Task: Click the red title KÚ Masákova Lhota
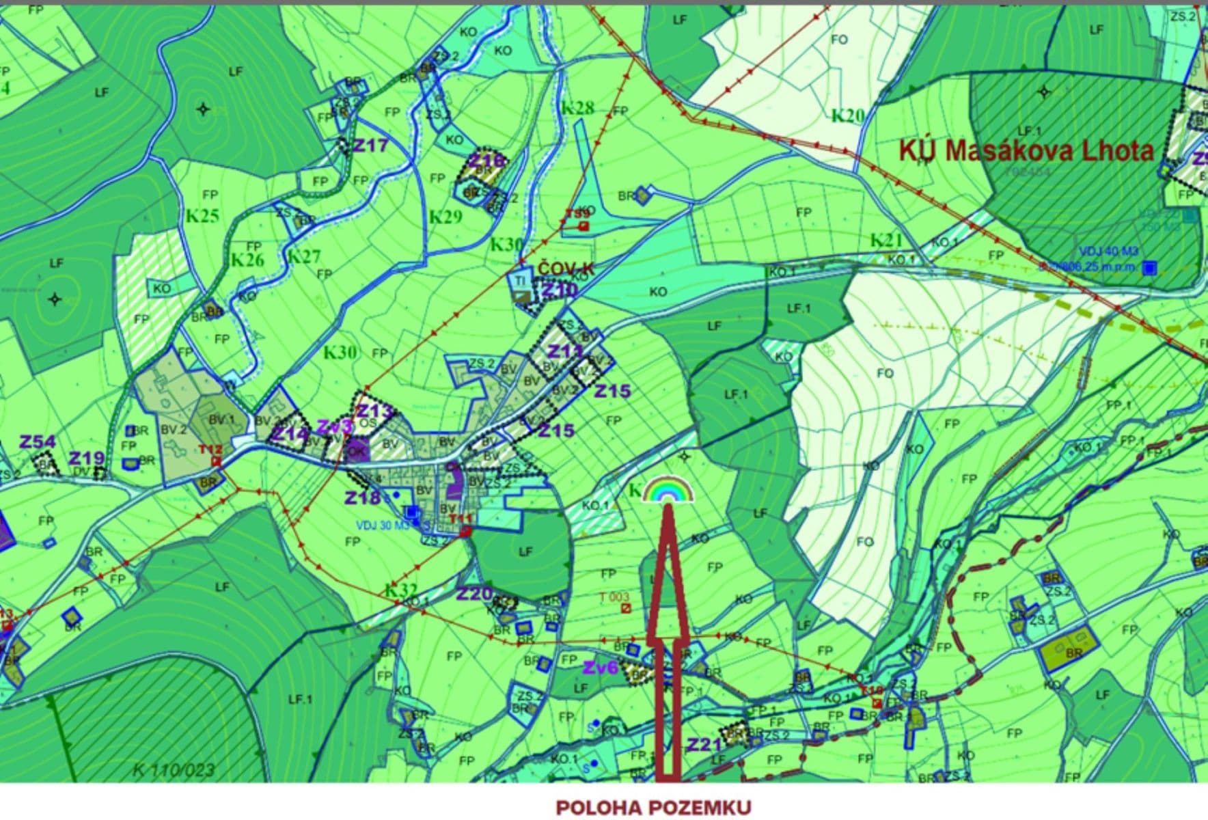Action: (1026, 151)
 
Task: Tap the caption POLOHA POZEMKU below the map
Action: (653, 808)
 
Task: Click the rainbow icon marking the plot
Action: (668, 491)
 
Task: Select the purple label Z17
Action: (370, 146)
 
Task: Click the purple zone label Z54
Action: (37, 442)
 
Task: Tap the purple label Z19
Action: (87, 458)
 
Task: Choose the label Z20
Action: (474, 594)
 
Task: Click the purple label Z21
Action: (704, 744)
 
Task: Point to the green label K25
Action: (202, 216)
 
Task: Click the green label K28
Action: (577, 108)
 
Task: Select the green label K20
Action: (847, 116)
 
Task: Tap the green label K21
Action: (886, 241)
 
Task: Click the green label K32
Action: (401, 590)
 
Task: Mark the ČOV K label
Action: (566, 269)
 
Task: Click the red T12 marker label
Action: (210, 449)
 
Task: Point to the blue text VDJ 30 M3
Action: (382, 525)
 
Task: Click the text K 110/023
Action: (174, 770)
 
